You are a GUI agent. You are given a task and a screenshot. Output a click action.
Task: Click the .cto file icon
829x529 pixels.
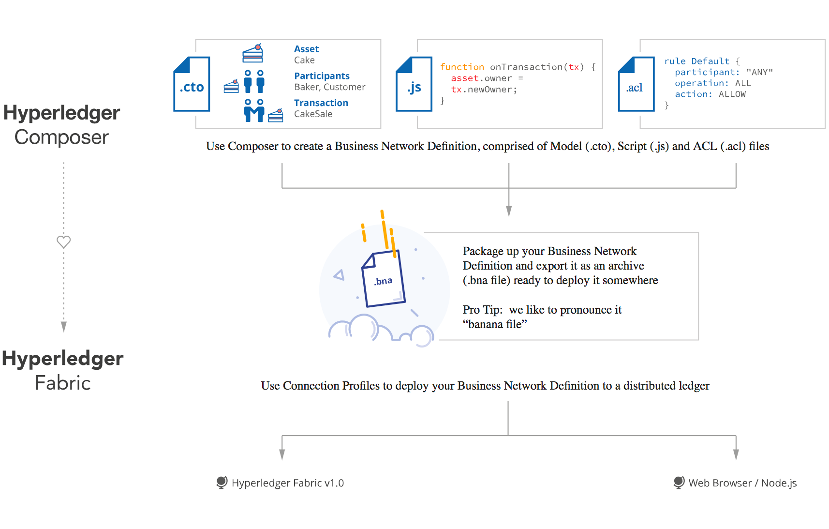192,84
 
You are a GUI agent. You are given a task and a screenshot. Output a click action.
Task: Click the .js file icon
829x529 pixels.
414,84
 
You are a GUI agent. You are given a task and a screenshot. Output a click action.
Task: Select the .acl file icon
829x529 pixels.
636,84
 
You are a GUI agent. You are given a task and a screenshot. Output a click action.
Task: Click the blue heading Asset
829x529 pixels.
306,49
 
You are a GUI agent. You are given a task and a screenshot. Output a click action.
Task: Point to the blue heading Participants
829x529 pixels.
322,76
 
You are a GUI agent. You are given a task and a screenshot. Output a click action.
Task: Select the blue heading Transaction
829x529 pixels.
321,103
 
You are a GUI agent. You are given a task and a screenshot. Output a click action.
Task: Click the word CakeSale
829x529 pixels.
313,114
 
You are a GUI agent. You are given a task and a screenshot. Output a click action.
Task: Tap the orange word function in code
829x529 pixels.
462,67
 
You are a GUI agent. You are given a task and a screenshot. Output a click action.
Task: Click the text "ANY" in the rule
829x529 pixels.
759,72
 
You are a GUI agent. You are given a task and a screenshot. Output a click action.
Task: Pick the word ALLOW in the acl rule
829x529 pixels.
732,94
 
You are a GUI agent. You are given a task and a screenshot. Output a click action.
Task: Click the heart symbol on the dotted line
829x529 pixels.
64,242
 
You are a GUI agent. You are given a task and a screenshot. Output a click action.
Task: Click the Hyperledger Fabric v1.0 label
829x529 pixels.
287,483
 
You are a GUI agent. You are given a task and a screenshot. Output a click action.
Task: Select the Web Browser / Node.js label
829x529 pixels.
742,483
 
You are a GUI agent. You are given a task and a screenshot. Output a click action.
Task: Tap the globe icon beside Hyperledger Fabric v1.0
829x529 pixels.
222,482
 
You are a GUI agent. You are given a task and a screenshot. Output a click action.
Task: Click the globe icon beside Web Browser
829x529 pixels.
679,482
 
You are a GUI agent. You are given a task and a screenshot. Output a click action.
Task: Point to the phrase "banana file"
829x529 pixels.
495,324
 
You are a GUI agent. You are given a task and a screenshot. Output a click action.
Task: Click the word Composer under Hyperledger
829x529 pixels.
61,137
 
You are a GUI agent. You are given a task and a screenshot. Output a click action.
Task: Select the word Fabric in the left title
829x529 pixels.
63,383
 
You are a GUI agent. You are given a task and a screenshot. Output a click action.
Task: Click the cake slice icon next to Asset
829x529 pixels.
253,53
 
